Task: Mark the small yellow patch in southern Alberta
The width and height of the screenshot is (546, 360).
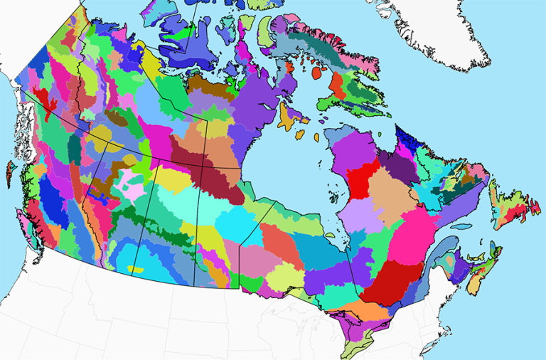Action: click(x=135, y=269)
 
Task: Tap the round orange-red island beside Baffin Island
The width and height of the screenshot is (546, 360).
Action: click(x=317, y=73)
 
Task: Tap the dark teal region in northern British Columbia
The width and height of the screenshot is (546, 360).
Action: click(x=74, y=149)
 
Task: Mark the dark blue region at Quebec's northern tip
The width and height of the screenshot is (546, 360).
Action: click(x=407, y=135)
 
